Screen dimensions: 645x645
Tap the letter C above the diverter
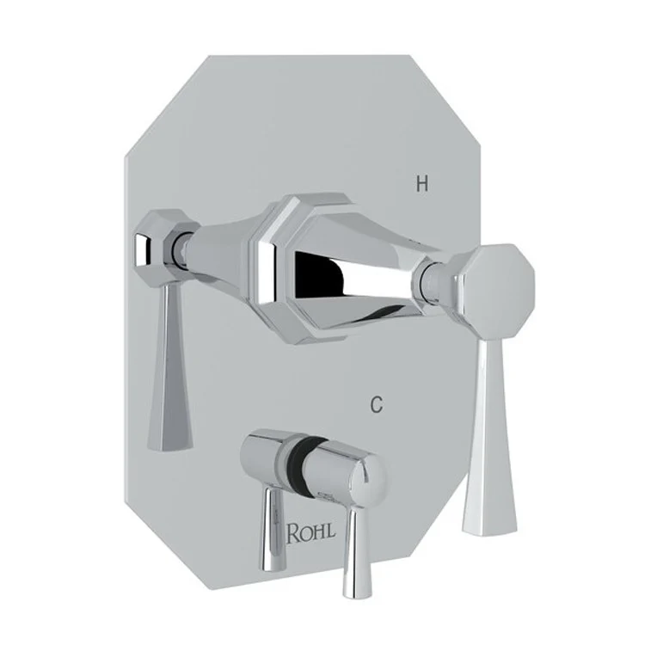coord(375,405)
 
